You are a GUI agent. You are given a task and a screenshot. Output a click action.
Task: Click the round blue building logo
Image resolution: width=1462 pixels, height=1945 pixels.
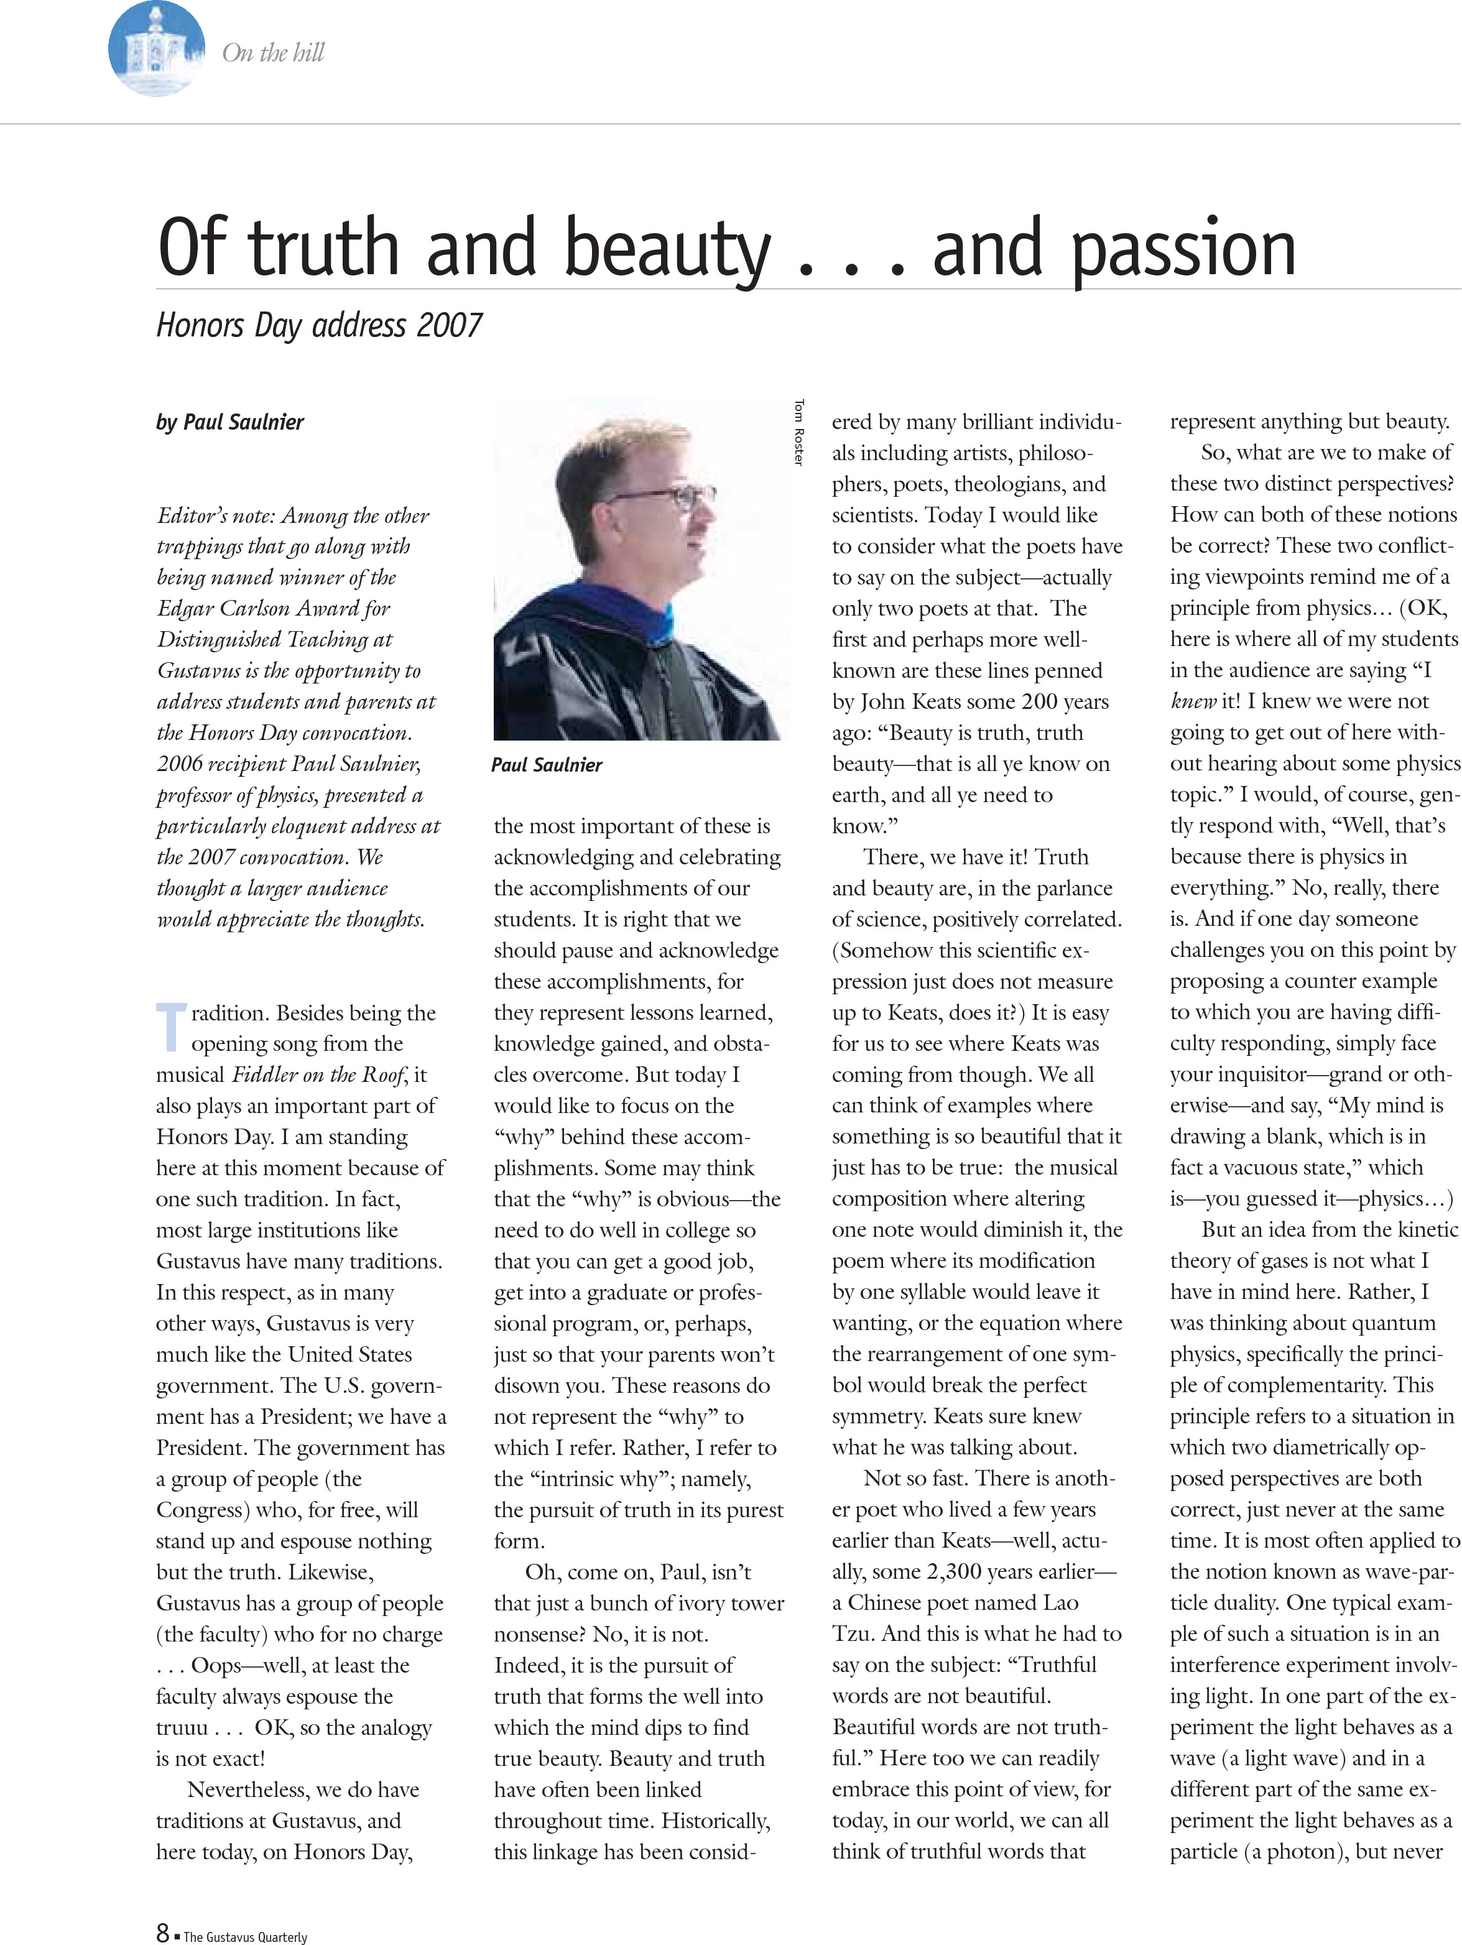click(x=157, y=49)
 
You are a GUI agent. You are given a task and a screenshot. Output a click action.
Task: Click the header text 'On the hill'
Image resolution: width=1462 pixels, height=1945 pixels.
click(x=274, y=53)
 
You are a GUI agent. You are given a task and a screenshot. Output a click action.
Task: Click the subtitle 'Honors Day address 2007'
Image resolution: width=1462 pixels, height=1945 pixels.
click(x=319, y=325)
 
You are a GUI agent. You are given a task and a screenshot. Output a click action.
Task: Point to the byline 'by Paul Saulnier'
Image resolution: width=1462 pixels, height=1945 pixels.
click(x=230, y=422)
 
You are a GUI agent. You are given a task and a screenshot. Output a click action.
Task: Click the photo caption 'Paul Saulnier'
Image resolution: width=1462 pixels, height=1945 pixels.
click(x=547, y=765)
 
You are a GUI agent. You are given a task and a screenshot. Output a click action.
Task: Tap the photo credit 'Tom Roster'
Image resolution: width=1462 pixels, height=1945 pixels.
click(x=798, y=433)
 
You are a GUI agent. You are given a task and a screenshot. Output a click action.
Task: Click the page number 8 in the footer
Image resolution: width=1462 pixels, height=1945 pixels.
click(x=163, y=1932)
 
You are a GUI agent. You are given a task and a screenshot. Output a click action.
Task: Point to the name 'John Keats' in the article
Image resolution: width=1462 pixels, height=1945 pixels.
click(x=911, y=701)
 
